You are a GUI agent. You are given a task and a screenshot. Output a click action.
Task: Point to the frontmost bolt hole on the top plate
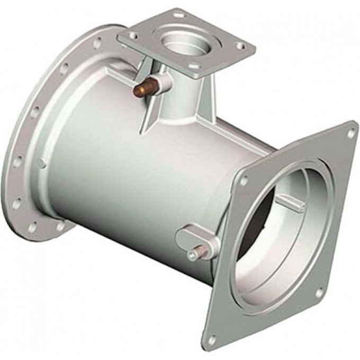click(x=193, y=67)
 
